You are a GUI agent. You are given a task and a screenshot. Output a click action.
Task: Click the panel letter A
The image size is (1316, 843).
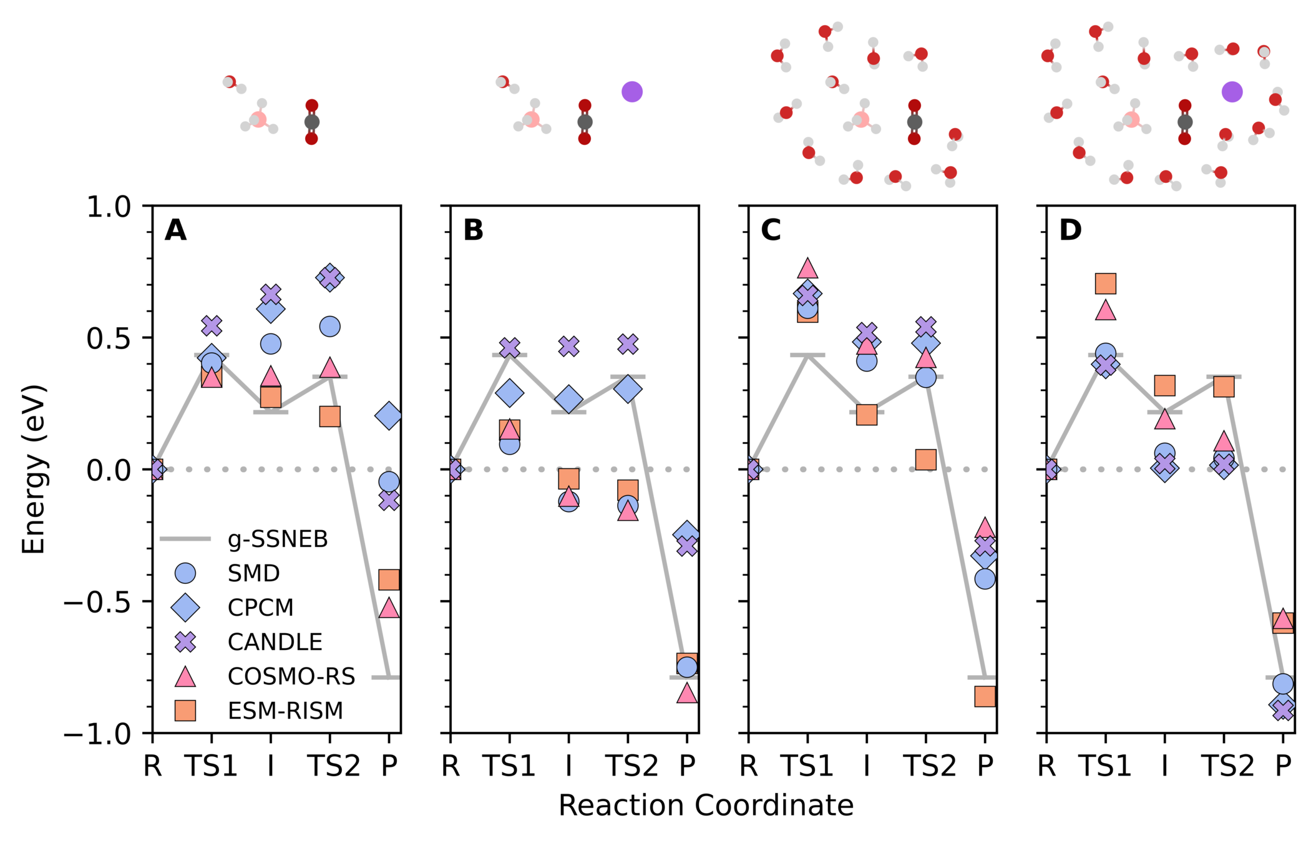tap(175, 230)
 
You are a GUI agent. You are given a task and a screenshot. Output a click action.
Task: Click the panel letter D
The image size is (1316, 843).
tap(1070, 230)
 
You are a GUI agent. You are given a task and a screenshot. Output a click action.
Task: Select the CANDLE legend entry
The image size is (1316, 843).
tap(274, 642)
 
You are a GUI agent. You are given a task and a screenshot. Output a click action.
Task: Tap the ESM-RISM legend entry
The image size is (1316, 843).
tap(285, 711)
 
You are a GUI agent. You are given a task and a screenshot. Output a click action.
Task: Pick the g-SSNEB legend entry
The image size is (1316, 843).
tap(277, 539)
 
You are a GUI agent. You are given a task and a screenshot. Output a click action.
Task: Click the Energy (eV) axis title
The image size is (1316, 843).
tap(34, 469)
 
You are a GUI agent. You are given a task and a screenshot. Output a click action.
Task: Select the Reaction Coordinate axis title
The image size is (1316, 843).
tap(706, 806)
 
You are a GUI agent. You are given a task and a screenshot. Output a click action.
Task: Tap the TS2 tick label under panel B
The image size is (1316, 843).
tap(631, 766)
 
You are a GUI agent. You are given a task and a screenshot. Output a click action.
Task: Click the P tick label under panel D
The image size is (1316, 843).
tap(1282, 766)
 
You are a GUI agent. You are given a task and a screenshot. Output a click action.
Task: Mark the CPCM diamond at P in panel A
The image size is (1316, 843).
tap(389, 416)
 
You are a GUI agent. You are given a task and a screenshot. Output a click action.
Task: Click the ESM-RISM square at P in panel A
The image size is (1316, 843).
tap(389, 579)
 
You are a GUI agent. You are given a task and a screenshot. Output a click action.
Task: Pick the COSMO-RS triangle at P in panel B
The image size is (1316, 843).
tap(686, 693)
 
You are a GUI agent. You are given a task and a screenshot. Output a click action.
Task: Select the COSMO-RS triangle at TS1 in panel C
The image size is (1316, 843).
tap(807, 268)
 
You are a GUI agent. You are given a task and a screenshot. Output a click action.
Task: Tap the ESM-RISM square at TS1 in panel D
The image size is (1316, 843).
tap(1105, 284)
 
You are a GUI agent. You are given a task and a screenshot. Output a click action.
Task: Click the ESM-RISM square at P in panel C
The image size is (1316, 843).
tap(985, 696)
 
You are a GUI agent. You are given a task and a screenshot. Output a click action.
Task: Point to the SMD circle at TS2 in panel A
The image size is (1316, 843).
tap(329, 327)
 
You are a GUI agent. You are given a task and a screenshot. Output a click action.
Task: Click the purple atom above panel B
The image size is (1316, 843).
tap(631, 92)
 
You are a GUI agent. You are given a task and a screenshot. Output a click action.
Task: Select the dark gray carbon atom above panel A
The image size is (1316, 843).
tap(311, 122)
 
